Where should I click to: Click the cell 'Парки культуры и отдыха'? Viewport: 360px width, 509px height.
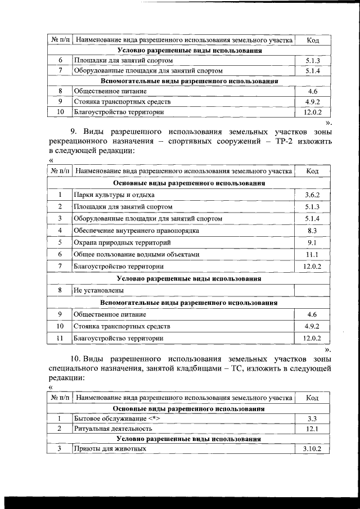pos(114,195)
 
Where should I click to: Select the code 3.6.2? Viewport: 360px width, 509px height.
pos(312,195)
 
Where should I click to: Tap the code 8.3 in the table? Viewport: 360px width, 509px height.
pos(312,231)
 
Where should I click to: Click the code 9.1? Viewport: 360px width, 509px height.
pos(312,242)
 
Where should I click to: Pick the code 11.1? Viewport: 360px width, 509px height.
pos(312,254)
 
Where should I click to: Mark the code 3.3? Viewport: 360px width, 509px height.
pos(312,419)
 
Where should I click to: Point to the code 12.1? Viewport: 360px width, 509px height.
pos(312,429)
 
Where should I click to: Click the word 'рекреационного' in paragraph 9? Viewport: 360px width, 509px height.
pos(85,141)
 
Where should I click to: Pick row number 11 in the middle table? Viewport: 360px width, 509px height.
pos(60,338)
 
